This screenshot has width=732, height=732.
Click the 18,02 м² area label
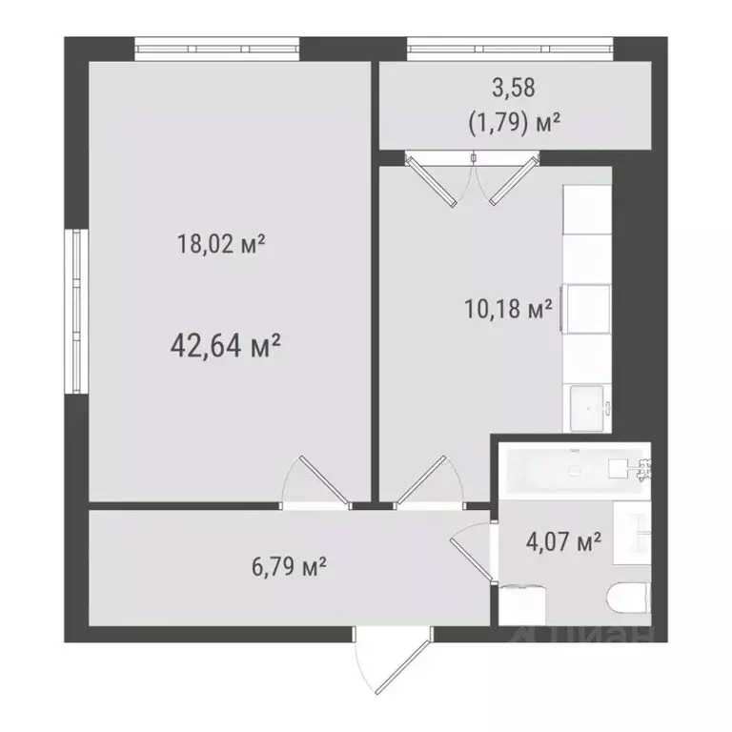[x=220, y=244]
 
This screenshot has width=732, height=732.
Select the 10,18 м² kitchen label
[x=507, y=310]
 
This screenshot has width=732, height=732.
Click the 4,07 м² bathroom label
[x=563, y=542]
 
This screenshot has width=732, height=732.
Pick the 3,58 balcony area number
[x=513, y=89]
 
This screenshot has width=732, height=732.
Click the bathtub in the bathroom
[x=572, y=469]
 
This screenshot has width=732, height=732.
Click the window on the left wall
[x=75, y=310]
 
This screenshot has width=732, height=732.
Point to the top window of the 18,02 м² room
[x=217, y=48]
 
